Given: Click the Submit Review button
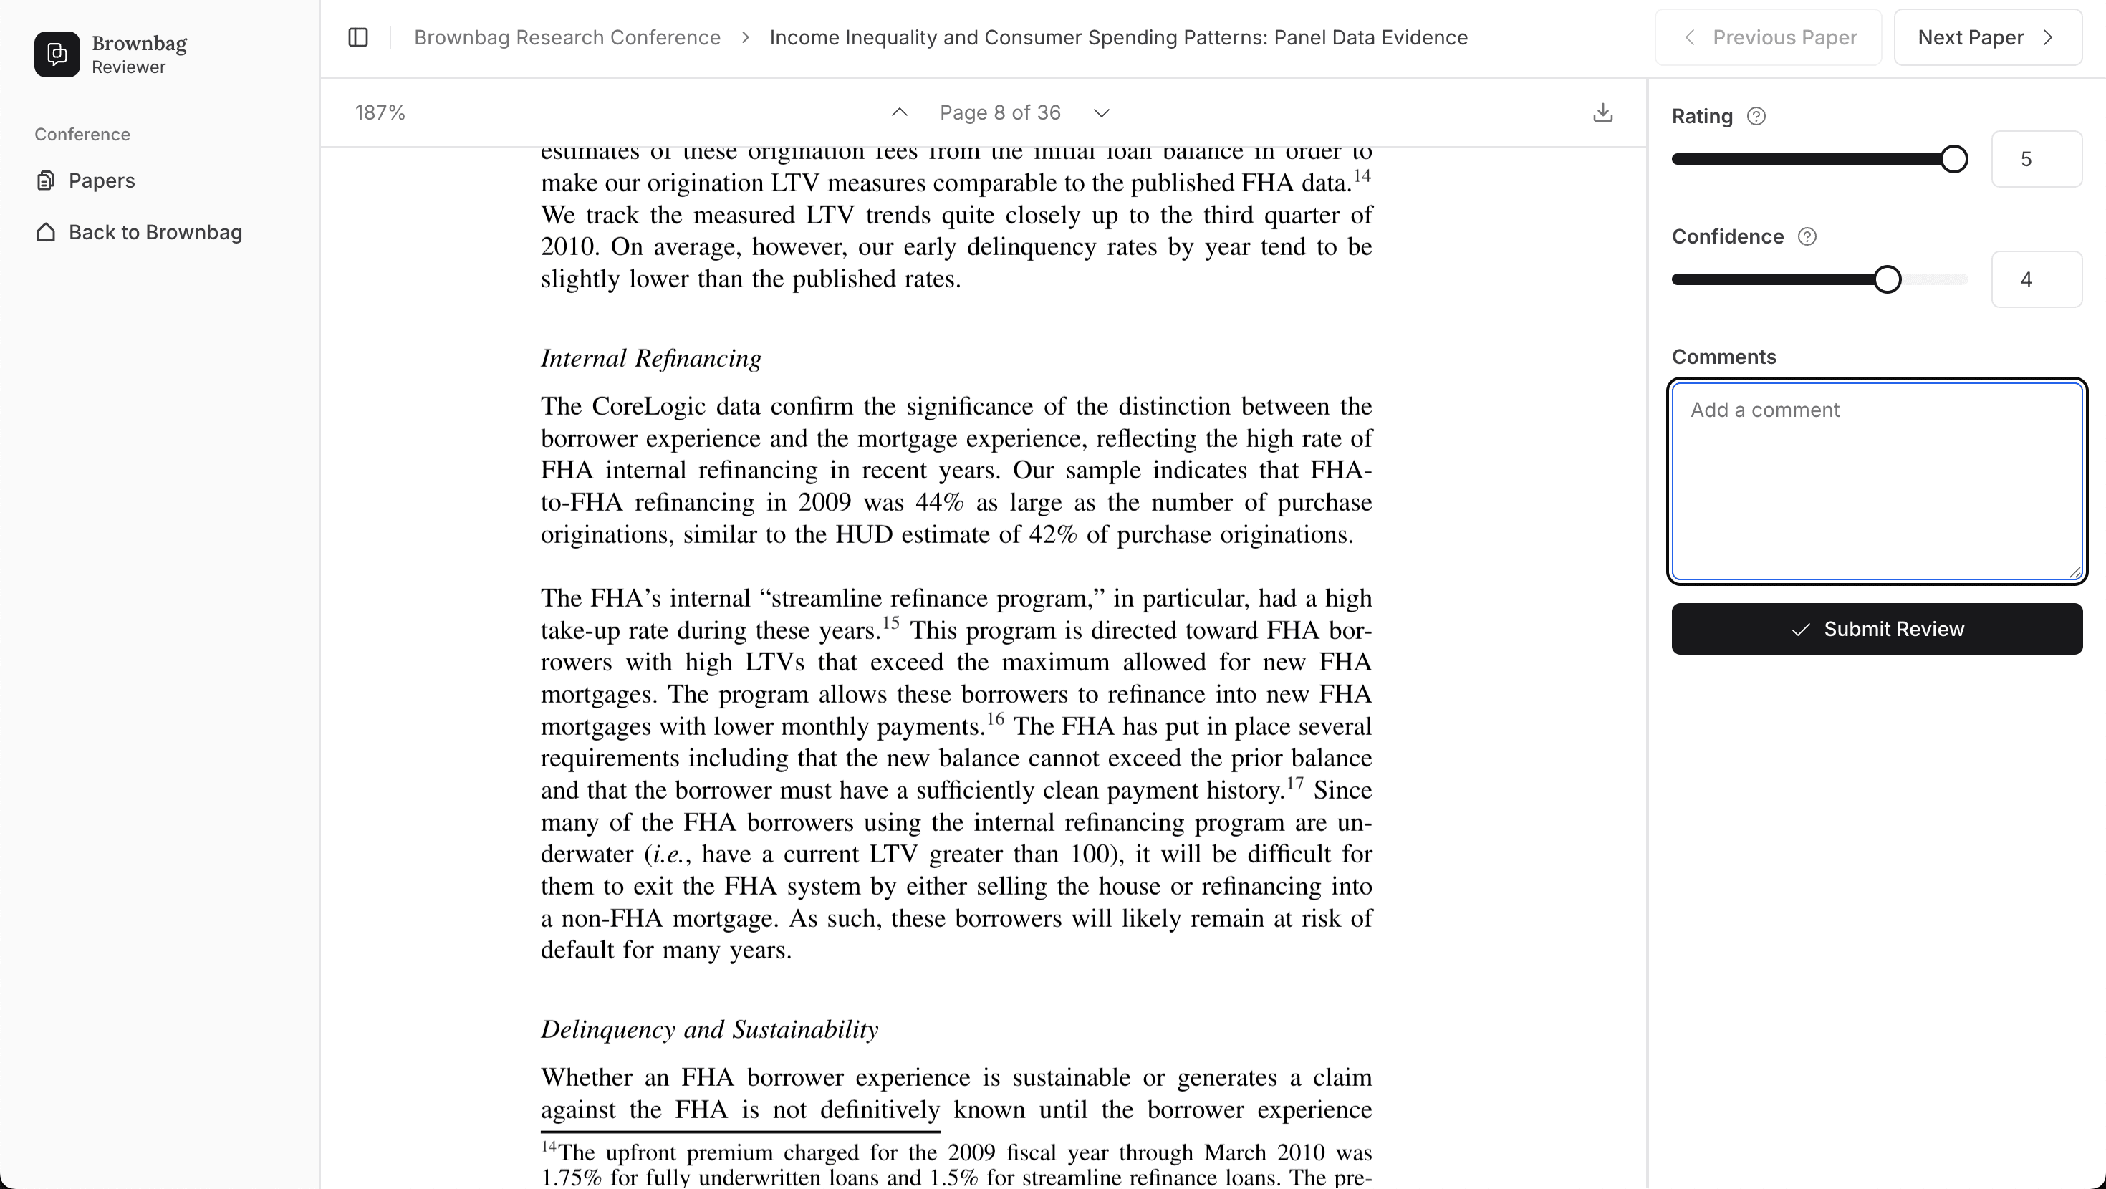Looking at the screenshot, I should coord(1876,629).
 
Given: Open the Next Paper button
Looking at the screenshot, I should coord(1986,38).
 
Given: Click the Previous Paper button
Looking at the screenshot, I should coord(1769,38).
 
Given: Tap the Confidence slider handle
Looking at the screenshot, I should coord(1887,279).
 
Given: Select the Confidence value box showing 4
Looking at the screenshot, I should coord(2036,279).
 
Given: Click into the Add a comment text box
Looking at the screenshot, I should coord(1876,481).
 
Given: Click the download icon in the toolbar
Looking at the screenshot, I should coord(1602,113).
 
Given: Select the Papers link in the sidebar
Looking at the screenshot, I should coord(102,180).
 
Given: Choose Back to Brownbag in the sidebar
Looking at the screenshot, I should coord(155,233).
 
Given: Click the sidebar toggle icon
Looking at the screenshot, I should coord(358,38).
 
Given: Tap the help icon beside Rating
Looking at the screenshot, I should coord(1755,117).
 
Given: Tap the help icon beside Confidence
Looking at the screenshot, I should coord(1807,237).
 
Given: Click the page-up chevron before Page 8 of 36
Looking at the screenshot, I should coord(899,113).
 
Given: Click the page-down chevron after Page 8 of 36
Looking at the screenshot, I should coord(1101,113).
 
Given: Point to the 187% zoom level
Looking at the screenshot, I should coord(380,113).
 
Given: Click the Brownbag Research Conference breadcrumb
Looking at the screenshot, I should coord(567,38).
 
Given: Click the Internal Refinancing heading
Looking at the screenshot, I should coord(650,358).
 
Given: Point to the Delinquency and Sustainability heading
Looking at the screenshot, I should coord(709,1029).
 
